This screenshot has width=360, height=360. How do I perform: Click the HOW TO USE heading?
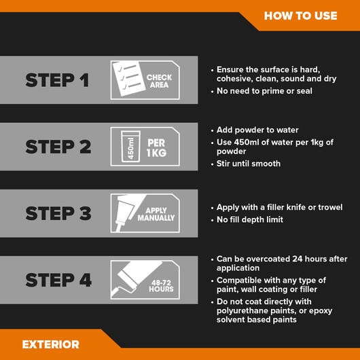[x=300, y=16]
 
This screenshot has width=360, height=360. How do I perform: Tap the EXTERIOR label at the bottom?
[x=50, y=344]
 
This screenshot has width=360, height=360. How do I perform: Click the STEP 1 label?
[x=57, y=80]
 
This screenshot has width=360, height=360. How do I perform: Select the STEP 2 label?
[x=57, y=147]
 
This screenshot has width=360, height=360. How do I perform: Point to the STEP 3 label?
[x=57, y=213]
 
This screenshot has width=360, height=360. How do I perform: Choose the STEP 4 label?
[x=57, y=280]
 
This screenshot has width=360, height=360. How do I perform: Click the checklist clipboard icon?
[x=126, y=80]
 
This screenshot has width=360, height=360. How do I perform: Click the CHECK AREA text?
[x=160, y=82]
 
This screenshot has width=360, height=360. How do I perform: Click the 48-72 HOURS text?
[x=161, y=285]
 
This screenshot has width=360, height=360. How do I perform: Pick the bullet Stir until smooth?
[x=249, y=163]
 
